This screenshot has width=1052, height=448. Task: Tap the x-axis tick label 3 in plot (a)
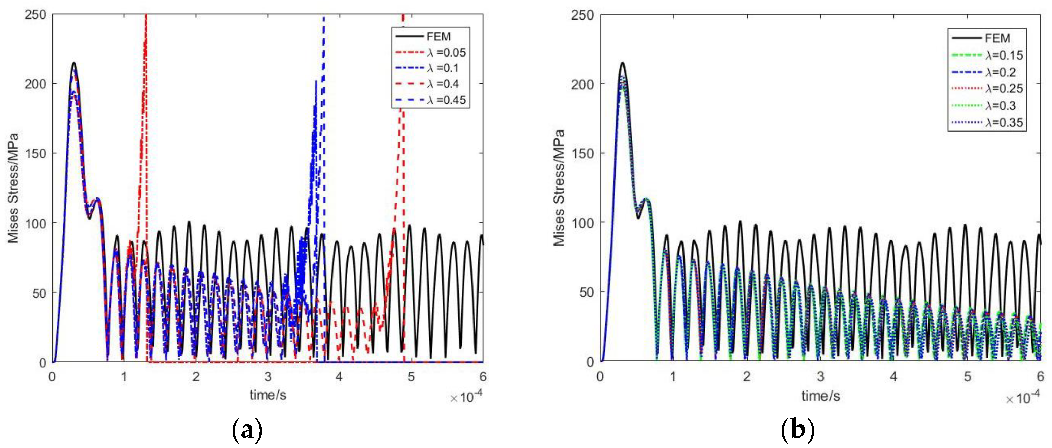coord(268,377)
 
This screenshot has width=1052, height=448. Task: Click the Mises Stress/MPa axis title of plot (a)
coord(13,188)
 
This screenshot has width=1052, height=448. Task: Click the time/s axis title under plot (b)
coord(820,396)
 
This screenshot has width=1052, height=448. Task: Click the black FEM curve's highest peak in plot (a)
coord(74,63)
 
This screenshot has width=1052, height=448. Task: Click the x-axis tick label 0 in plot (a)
coord(52,377)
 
